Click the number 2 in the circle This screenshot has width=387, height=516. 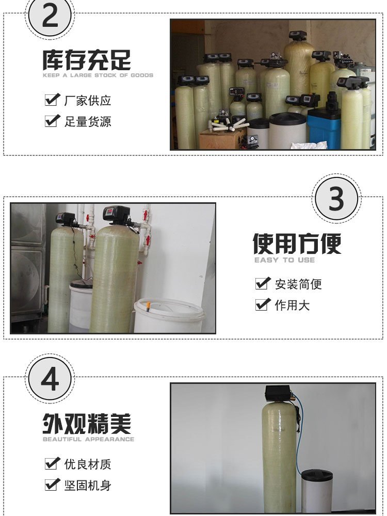point(50,17)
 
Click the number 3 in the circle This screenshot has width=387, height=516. point(336,199)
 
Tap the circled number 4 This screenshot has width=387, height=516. point(50,379)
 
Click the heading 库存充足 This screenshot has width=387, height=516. point(87,60)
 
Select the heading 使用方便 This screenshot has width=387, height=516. point(297,244)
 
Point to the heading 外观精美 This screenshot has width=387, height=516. point(87,424)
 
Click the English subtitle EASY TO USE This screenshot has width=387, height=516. point(285,260)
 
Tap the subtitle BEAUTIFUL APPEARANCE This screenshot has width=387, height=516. point(89,439)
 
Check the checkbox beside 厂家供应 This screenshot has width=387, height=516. point(52,100)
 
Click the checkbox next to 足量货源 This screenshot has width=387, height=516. point(52,121)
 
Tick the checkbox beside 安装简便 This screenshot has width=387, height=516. point(263,283)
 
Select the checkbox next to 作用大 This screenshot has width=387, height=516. point(263,304)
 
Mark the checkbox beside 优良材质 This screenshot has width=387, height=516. point(52,463)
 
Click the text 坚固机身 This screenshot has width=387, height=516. point(88,486)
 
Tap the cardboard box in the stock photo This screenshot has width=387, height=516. point(222,139)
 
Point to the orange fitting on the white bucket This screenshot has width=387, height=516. point(149,307)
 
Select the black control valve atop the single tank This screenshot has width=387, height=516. point(278,394)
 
